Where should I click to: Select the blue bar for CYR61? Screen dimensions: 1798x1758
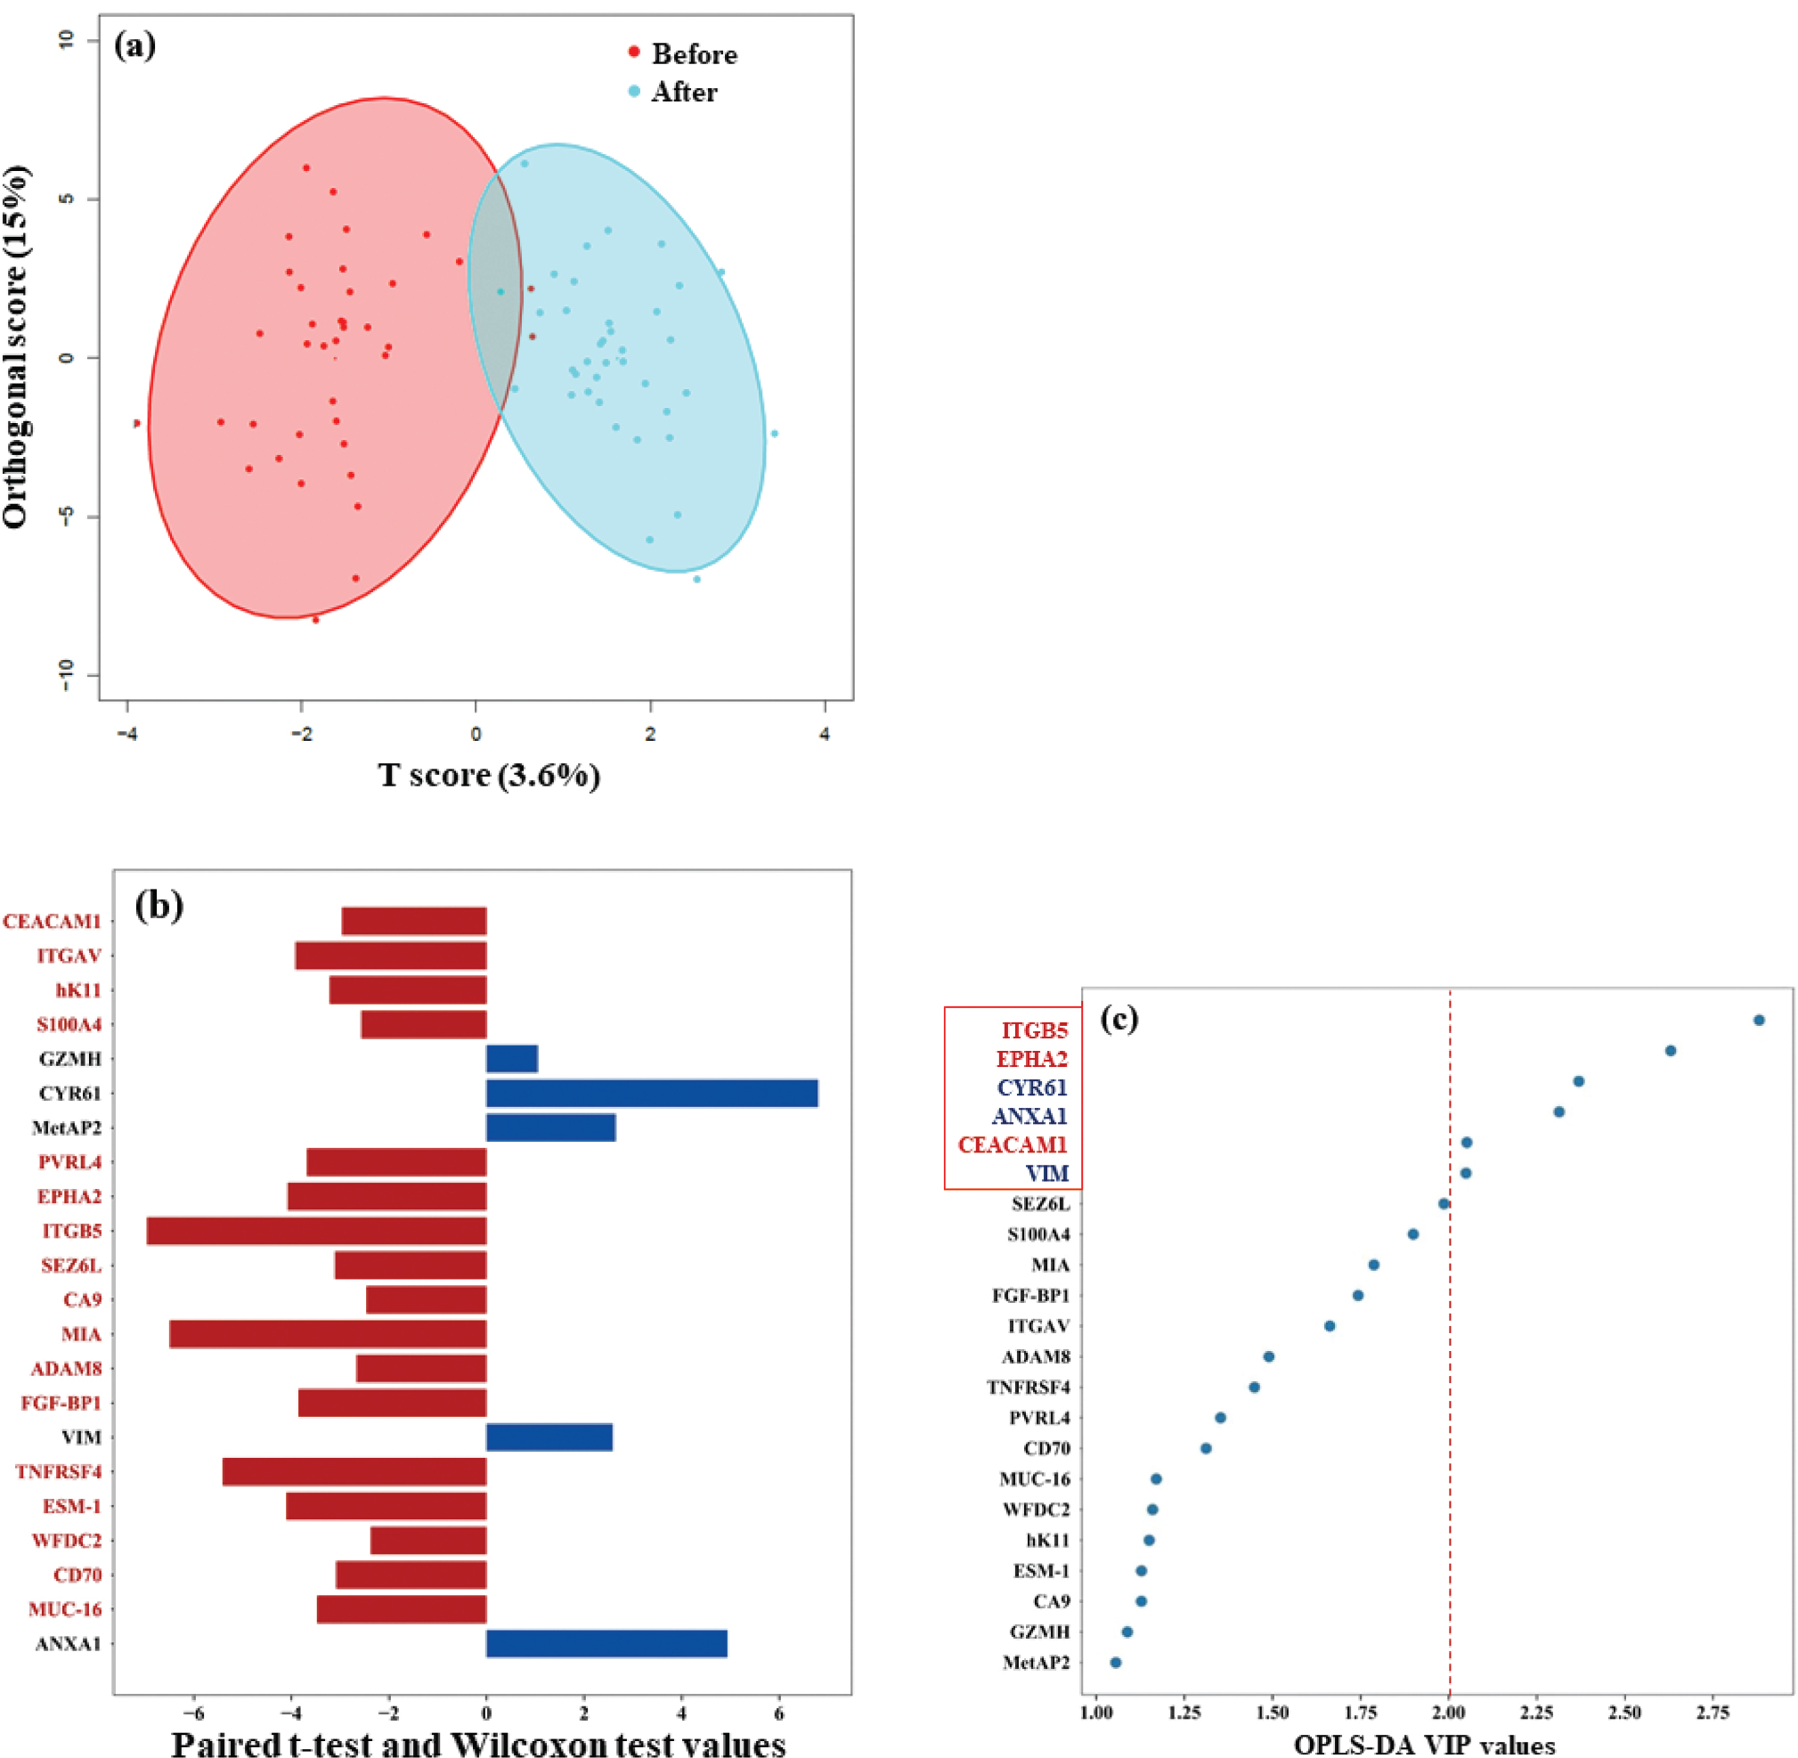point(652,1094)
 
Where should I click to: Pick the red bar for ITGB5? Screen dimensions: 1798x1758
point(317,1231)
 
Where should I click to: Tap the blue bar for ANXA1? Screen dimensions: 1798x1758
point(606,1643)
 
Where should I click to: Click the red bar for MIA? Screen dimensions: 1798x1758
point(328,1334)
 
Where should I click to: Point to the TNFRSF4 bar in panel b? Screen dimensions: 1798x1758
point(354,1472)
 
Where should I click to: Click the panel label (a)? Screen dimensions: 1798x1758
point(134,45)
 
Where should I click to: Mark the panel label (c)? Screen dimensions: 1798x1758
point(1119,1018)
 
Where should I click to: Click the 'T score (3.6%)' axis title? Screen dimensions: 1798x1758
point(490,775)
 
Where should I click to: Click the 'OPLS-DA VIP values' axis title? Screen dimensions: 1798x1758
point(1425,1744)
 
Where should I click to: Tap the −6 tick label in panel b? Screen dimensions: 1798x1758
point(194,1713)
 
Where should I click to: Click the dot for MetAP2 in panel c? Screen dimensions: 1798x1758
point(1116,1662)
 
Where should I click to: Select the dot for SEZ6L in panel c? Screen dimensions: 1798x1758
point(1444,1203)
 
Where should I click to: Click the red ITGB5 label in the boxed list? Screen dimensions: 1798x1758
point(1034,1030)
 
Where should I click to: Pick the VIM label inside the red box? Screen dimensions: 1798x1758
point(1047,1174)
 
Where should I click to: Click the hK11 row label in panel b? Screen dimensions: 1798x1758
point(78,989)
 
